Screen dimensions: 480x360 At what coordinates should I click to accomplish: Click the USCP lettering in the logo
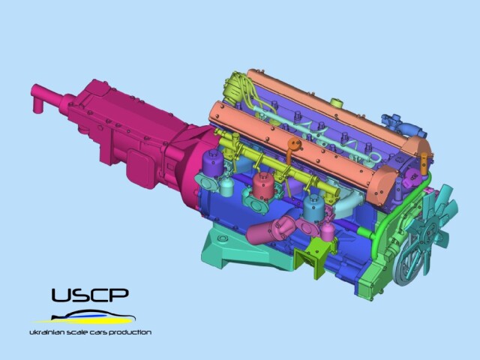(90, 295)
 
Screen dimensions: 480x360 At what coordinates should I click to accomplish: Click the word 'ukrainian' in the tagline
(45, 332)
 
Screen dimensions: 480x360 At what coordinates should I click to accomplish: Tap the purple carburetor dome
(213, 163)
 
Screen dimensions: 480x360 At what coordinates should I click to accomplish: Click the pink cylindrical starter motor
(266, 230)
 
